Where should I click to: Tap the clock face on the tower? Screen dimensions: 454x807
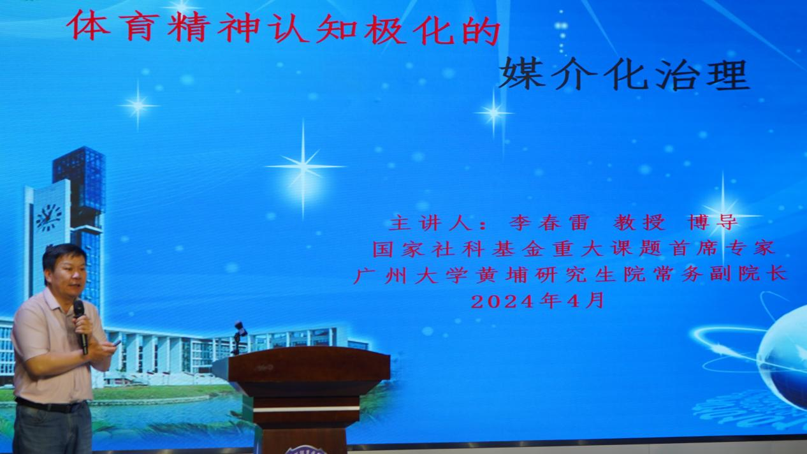click(49, 217)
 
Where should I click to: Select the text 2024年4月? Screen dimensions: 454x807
click(537, 300)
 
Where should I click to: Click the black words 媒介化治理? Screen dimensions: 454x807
click(623, 75)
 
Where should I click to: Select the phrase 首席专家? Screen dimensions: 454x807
click(731, 249)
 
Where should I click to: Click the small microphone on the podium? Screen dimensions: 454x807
click(240, 329)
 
